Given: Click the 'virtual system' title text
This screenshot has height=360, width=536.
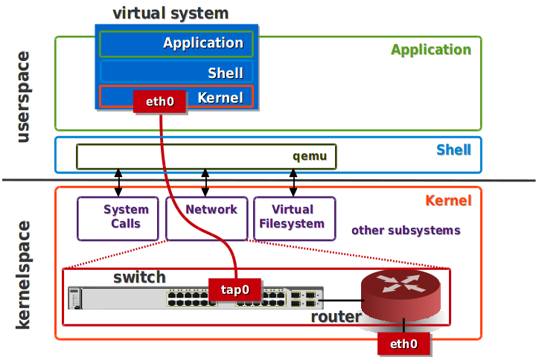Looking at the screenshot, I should [170, 13].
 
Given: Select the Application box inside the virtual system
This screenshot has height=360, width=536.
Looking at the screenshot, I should [176, 44].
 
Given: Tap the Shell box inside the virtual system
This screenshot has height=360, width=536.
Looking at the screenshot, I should [176, 72].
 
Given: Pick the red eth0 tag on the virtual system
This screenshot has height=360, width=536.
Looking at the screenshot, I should [159, 102].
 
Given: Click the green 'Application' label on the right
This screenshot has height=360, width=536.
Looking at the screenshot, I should [431, 51].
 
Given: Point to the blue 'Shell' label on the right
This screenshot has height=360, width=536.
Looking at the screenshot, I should [453, 150].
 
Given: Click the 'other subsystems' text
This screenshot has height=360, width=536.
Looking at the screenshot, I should [406, 231].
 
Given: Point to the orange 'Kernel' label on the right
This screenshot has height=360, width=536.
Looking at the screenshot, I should [448, 201].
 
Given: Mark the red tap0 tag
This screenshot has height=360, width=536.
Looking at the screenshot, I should [234, 290].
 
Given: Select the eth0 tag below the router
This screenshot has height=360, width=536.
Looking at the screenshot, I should [403, 344].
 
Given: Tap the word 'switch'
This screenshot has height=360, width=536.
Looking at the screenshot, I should [139, 277].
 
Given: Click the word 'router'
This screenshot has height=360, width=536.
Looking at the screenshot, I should [336, 318].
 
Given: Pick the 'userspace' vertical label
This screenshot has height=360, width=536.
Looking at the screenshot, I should [23, 97].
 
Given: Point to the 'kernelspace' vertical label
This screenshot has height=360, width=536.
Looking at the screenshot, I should [23, 274].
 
